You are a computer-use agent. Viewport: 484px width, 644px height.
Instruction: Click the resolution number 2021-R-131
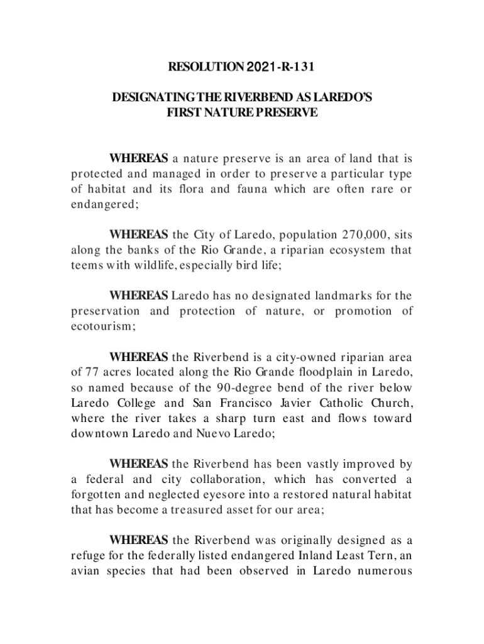click(x=281, y=66)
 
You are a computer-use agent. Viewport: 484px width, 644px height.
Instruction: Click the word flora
click(x=194, y=189)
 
